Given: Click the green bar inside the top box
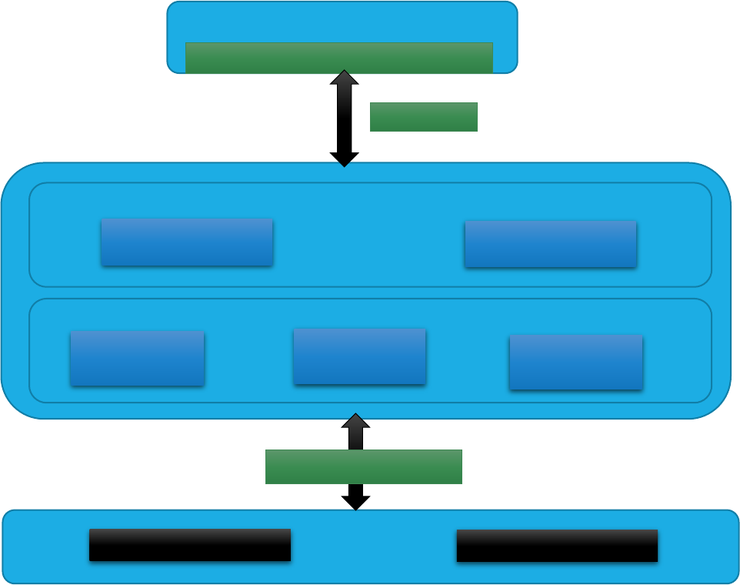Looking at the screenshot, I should point(338,58).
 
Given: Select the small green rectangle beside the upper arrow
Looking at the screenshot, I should point(423,117).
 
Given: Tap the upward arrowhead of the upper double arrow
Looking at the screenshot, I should point(344,78).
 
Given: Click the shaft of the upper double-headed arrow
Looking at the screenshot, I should point(344,119).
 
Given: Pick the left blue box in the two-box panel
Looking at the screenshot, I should point(187,242).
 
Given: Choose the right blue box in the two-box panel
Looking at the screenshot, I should point(550,244).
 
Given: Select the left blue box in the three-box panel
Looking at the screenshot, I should point(137,358).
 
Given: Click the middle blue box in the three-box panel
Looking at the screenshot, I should point(359,356).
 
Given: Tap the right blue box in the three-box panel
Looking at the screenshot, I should point(575,362).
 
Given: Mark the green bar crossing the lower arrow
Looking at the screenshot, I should point(363,466).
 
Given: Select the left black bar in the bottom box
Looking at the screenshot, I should point(189,545).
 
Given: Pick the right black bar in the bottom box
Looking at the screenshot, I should point(557,546).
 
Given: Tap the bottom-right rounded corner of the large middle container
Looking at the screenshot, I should point(718,406).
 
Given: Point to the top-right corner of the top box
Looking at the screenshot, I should point(512,7).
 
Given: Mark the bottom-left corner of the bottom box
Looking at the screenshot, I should point(8,578).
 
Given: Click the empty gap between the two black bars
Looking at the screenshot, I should point(373,546).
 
